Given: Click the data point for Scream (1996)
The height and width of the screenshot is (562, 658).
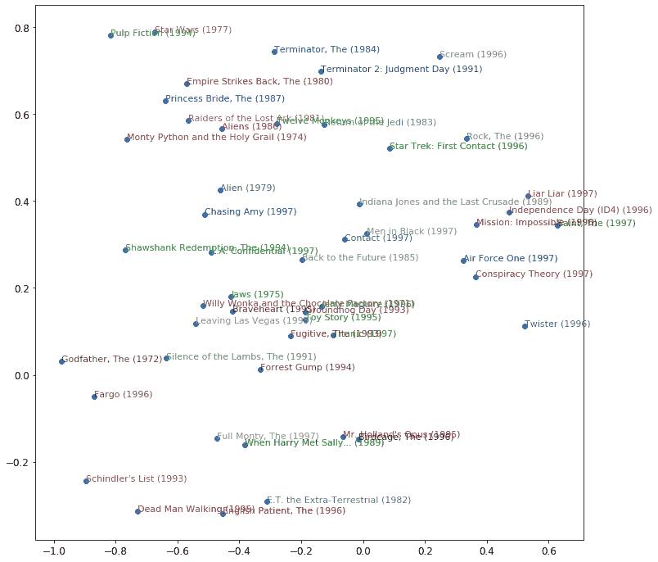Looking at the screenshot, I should click(x=439, y=57).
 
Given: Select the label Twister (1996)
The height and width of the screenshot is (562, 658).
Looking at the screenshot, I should click(x=557, y=324).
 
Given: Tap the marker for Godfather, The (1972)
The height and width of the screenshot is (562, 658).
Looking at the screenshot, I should click(x=61, y=361).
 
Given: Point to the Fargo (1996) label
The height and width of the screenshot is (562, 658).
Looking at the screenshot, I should click(x=123, y=395).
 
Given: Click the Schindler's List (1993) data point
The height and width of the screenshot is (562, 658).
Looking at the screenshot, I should click(x=86, y=481).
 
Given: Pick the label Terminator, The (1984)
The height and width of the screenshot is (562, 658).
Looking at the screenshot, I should click(x=327, y=50).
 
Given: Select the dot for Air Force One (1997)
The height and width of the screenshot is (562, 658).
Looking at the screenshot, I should click(x=463, y=261).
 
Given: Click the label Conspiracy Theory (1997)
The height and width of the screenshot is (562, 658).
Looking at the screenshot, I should click(x=534, y=274).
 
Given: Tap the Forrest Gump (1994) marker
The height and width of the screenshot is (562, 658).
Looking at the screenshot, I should click(x=260, y=370).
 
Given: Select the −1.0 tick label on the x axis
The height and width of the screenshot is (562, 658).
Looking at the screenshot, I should click(x=53, y=551).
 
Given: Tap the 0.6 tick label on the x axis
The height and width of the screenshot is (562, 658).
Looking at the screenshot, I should click(x=548, y=551).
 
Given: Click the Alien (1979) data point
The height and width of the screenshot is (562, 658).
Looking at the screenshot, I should click(x=220, y=190).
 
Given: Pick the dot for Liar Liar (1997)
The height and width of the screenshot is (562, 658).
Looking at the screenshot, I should click(x=528, y=197).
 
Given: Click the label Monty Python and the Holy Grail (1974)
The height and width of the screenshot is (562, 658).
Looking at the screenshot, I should click(x=217, y=138).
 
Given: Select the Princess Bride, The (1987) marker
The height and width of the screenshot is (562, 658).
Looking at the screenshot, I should click(x=165, y=101).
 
